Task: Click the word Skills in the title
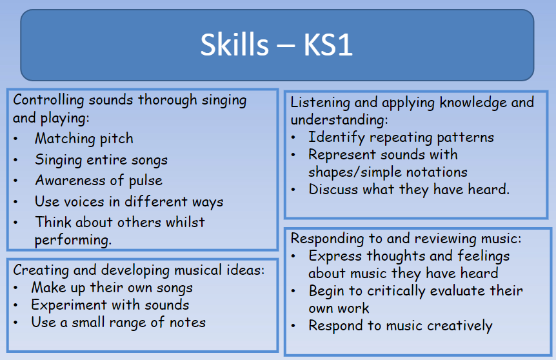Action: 234,45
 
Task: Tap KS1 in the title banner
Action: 328,45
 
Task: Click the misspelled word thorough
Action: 167,101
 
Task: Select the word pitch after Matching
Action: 116,139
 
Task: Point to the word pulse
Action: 145,181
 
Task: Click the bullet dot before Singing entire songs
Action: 15,160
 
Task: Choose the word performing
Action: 73,240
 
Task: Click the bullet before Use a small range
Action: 15,323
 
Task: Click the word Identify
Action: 337,137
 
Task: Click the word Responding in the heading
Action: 327,239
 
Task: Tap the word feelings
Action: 483,256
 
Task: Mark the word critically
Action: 396,291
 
